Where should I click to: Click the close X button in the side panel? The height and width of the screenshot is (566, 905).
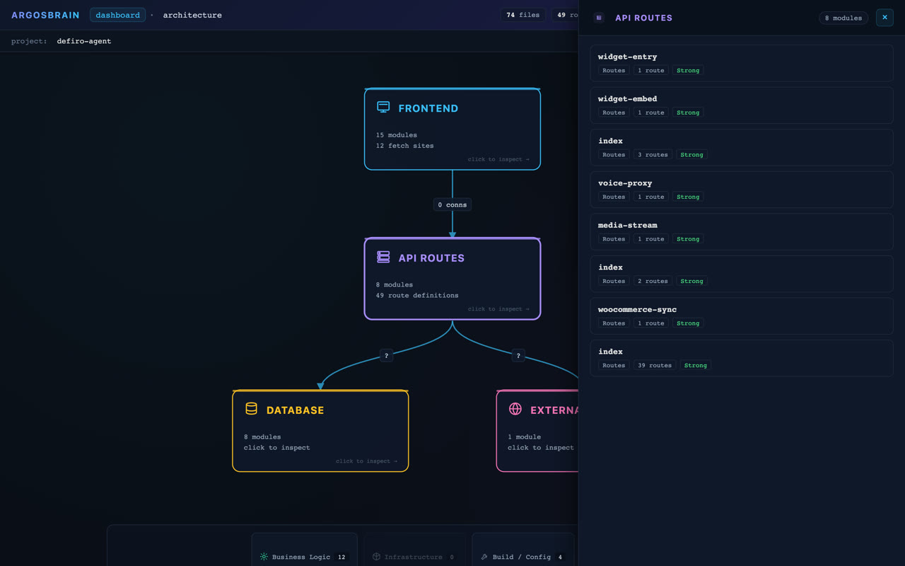tap(884, 18)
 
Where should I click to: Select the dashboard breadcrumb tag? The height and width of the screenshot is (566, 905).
tap(117, 15)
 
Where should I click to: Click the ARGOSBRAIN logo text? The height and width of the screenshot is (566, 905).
tap(45, 15)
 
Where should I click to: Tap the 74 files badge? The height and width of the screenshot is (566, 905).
tap(522, 15)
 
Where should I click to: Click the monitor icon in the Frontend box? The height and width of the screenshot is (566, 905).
tap(383, 107)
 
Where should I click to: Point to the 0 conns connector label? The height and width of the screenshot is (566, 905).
tap(452, 204)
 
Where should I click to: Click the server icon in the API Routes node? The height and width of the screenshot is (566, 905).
tap(383, 257)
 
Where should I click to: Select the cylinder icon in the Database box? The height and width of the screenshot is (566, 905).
tap(251, 409)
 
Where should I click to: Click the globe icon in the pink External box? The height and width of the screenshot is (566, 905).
tap(515, 409)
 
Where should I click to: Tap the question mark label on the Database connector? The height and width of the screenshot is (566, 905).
tap(386, 356)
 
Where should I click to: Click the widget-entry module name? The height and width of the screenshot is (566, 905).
tap(627, 57)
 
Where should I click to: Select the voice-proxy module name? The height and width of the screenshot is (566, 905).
tap(625, 183)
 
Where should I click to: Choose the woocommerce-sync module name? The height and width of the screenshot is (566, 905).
tap(637, 309)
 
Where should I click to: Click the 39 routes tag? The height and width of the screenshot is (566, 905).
tap(655, 365)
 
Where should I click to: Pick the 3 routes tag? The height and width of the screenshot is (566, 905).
tap(653, 154)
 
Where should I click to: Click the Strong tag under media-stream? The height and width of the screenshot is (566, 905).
tap(688, 239)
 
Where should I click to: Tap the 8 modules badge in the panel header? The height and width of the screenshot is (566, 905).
tap(843, 18)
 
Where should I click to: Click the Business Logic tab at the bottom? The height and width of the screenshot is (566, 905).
tap(304, 557)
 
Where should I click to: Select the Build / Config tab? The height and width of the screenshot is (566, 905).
tap(522, 557)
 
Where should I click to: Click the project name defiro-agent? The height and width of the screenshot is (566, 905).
tap(84, 41)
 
